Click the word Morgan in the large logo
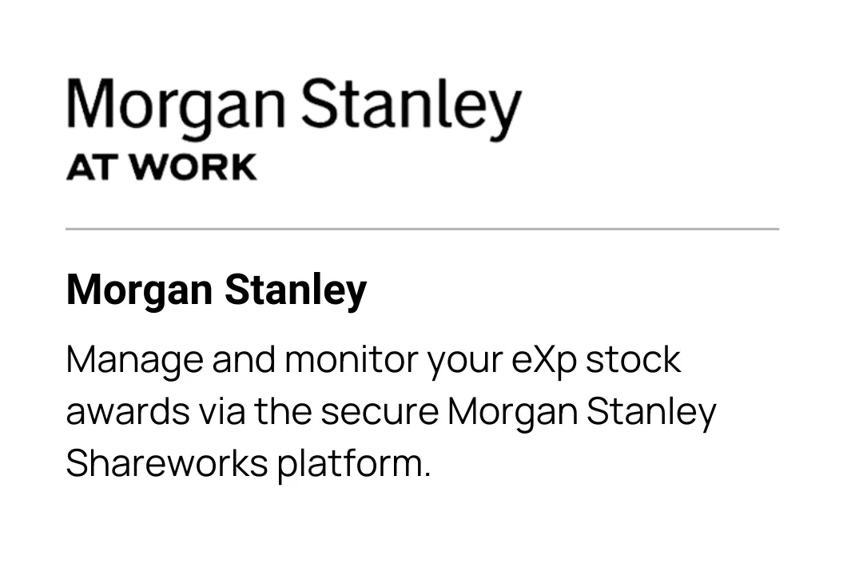176,107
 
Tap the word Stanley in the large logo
411,107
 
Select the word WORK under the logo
194,167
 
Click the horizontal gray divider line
422,228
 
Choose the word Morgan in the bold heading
139,290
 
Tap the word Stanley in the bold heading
296,290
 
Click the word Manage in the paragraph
135,360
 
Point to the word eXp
544,360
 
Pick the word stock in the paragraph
633,359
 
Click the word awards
128,411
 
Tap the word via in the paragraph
222,411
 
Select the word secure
380,412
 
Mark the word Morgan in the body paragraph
512,412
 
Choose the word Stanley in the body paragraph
651,412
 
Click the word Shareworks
167,463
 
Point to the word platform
353,464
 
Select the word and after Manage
244,359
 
